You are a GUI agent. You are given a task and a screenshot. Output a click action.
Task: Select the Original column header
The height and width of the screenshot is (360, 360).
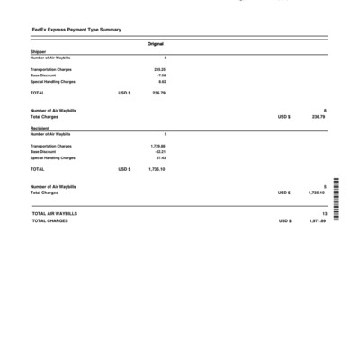[x=156, y=44]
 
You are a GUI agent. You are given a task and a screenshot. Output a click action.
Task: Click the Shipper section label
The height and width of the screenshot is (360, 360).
[x=38, y=52]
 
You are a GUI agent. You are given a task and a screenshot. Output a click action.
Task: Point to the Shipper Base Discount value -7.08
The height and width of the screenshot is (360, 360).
[x=161, y=75]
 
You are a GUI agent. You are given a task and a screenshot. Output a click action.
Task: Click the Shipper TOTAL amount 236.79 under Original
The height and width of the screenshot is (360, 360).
[x=158, y=92]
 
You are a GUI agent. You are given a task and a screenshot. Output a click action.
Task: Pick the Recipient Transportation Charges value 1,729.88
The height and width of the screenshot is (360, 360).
[x=157, y=145]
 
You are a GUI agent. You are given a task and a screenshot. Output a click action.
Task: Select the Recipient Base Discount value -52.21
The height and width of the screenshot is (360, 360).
[x=159, y=151]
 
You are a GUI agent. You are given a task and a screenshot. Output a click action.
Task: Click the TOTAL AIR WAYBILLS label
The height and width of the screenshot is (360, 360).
[x=54, y=213]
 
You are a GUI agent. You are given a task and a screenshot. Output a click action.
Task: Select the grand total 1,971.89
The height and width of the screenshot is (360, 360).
[x=316, y=220]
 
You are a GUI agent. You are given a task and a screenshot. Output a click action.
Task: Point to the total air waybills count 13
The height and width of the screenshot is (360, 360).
[x=323, y=213]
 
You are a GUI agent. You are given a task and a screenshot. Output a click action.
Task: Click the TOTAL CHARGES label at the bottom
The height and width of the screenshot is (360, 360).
[x=49, y=220]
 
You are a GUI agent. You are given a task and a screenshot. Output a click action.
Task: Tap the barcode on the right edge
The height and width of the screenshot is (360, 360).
[x=336, y=201]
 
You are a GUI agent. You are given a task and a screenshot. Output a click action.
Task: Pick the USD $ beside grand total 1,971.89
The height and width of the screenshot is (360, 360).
[x=284, y=220]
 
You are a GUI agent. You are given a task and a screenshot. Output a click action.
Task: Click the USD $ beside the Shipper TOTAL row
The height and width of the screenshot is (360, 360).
[x=124, y=92]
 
